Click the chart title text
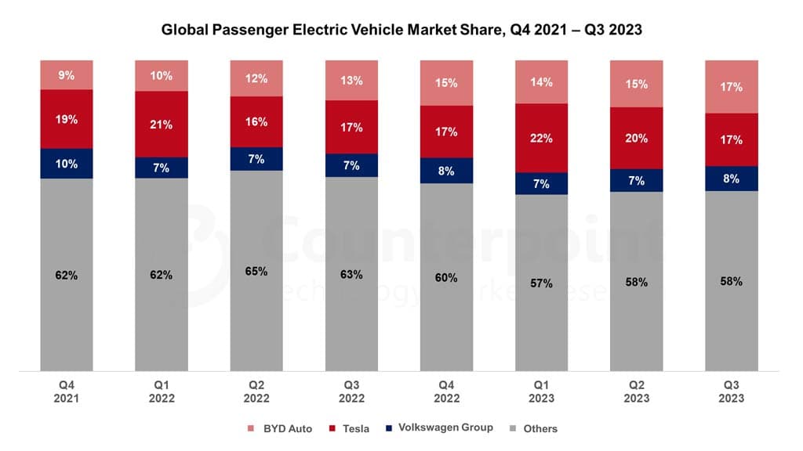coord(401,31)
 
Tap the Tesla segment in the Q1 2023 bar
coord(541,138)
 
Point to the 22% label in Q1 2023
coord(541,138)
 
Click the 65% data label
coord(256,272)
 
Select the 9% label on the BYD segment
coord(67,75)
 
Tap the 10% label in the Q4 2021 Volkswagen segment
coord(67,164)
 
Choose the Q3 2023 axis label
coord(732,391)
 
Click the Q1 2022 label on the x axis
coord(162,391)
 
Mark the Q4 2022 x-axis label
coord(446,391)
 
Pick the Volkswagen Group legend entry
coord(438,428)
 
